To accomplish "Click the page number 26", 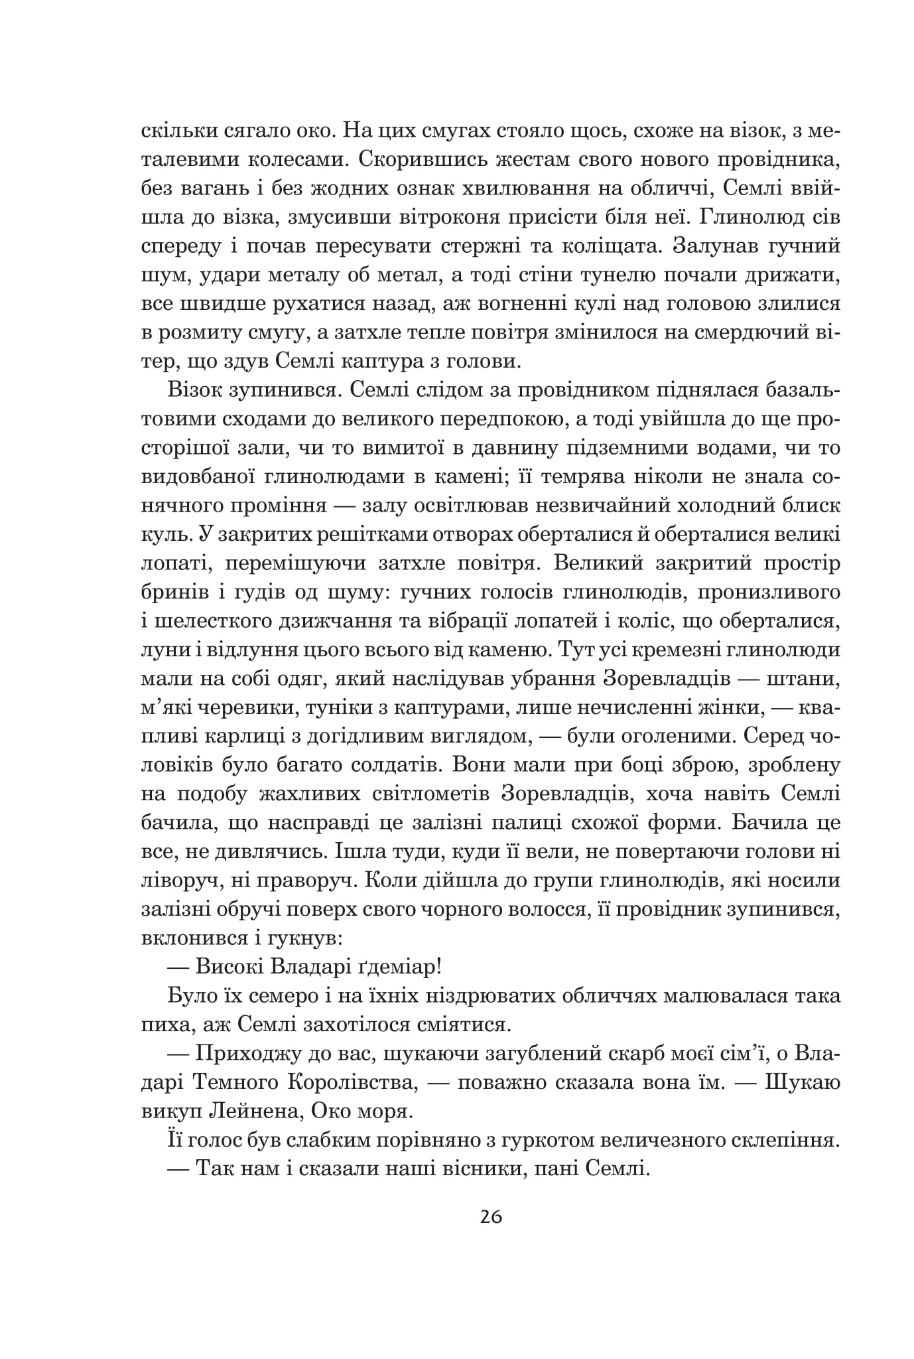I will click(x=490, y=1216).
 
